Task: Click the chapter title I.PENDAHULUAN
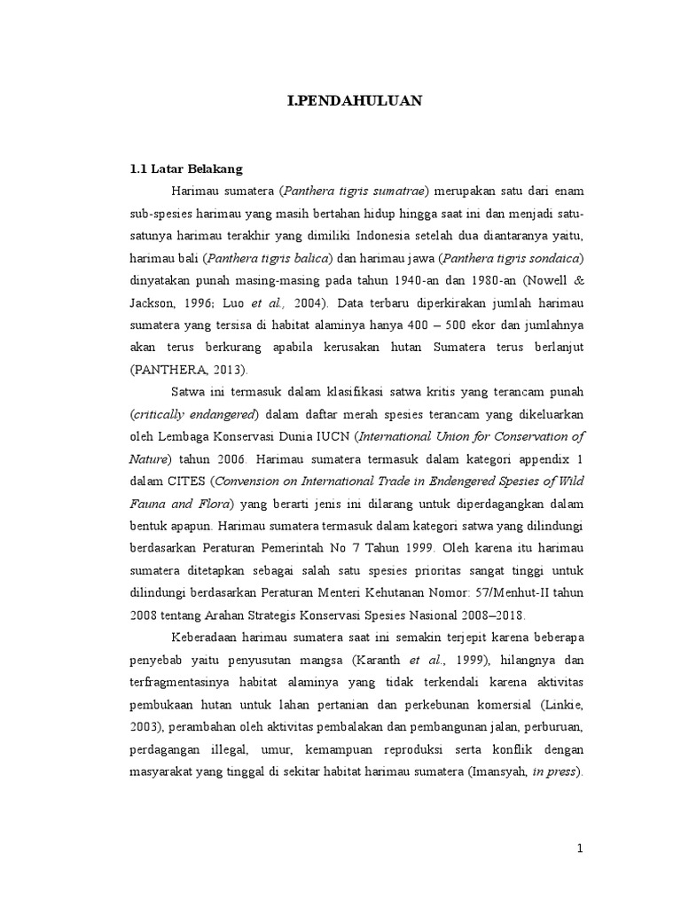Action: tap(355, 101)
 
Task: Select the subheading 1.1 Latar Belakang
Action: tap(185, 168)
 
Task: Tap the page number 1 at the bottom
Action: tap(580, 849)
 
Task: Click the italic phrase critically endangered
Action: tap(194, 415)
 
